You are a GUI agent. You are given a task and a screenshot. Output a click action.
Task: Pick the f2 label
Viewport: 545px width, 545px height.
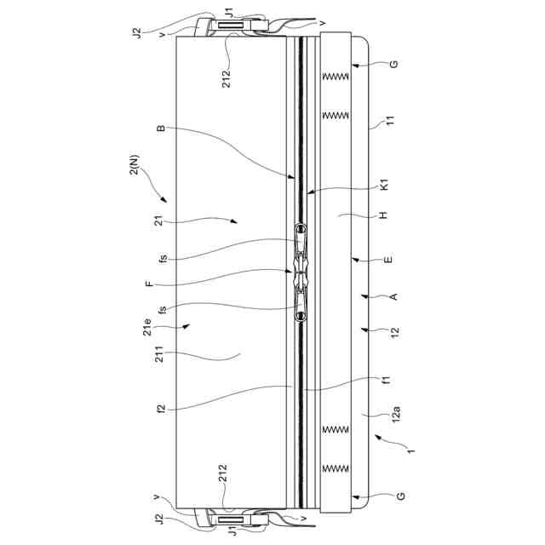(159, 406)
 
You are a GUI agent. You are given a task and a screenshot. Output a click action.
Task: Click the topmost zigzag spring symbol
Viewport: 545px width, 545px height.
(334, 77)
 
